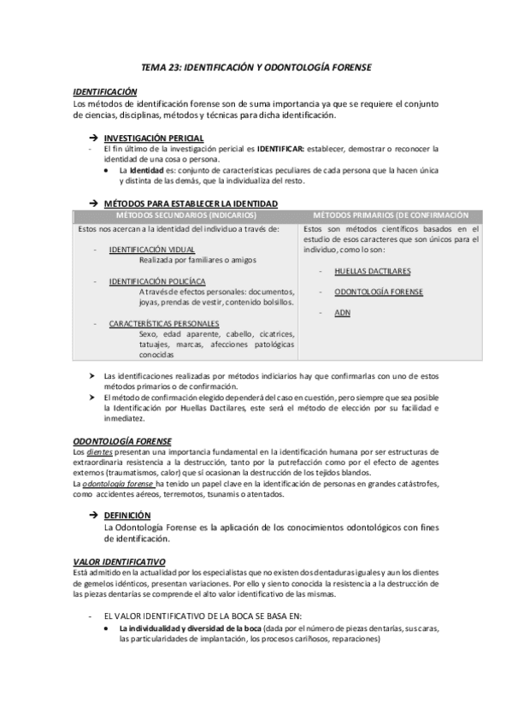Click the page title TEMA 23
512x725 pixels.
click(x=256, y=67)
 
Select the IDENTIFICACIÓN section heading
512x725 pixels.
click(x=105, y=91)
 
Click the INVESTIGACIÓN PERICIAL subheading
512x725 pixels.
click(x=153, y=138)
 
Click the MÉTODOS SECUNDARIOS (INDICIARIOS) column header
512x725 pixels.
click(x=184, y=214)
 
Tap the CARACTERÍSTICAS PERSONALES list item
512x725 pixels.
click(x=164, y=323)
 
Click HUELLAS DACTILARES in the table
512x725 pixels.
click(x=373, y=270)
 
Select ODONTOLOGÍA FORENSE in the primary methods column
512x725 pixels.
click(x=380, y=292)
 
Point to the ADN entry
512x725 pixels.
click(x=343, y=313)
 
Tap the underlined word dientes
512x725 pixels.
click(x=100, y=451)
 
